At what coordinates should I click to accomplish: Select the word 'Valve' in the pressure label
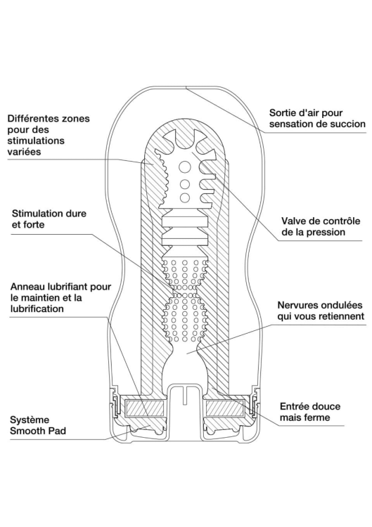pos(293,221)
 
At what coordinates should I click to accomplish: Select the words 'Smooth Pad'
pos(38,431)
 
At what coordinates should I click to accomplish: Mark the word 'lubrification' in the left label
pos(37,308)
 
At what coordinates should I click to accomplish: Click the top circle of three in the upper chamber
pos(184,167)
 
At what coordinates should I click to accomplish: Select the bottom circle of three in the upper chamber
pos(184,197)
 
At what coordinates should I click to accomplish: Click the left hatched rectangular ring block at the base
pos(145,408)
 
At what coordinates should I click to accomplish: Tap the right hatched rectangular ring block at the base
pos(226,408)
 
